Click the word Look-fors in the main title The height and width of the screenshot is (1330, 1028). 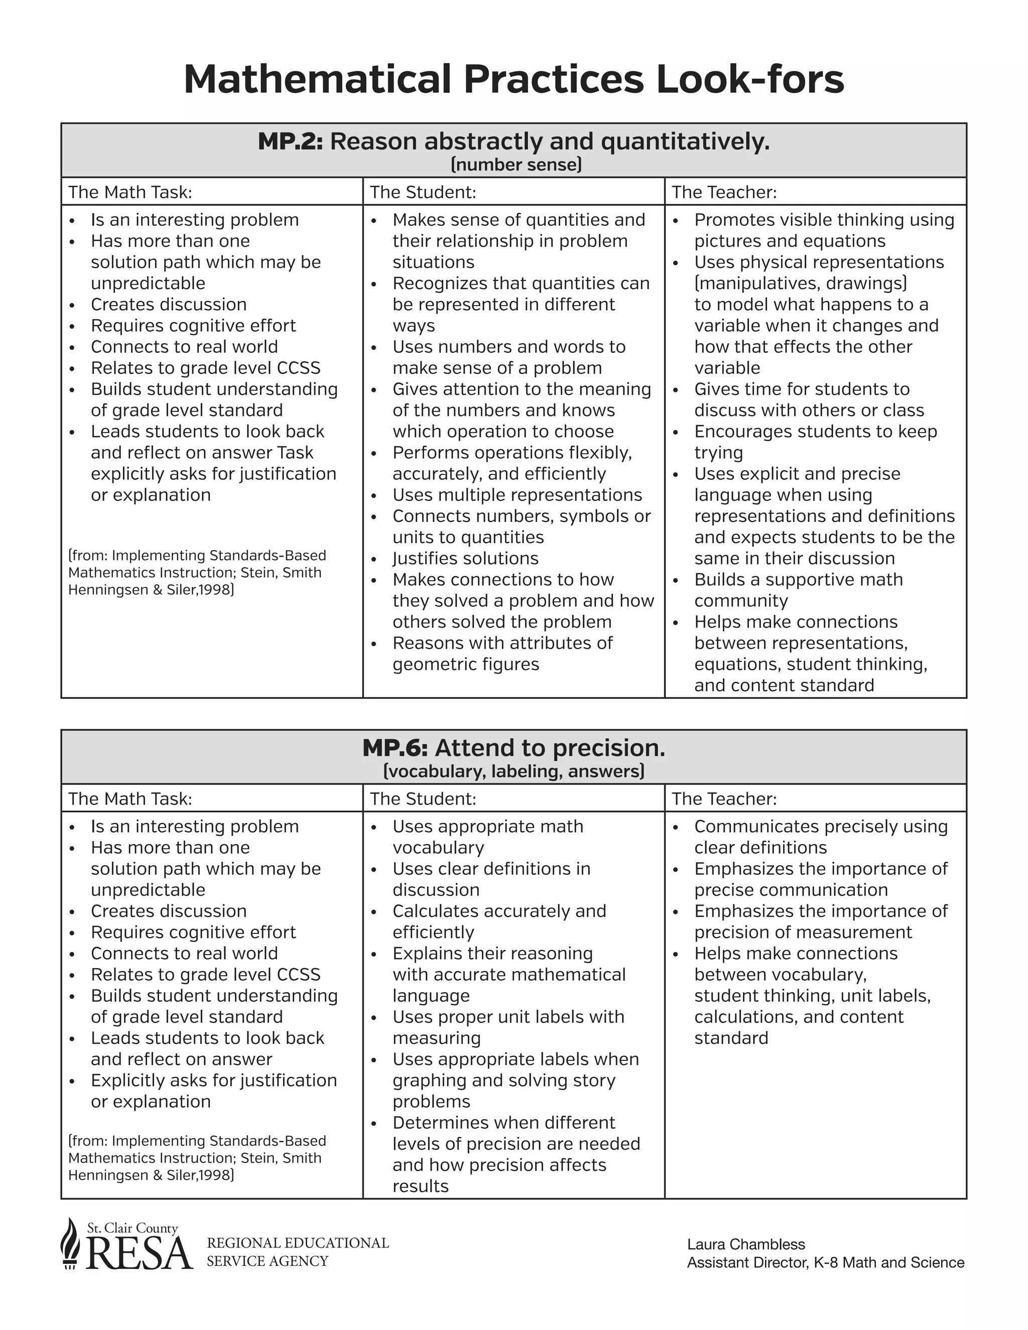click(750, 79)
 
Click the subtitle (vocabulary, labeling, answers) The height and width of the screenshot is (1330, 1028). click(513, 771)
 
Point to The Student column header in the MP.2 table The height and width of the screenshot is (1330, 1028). click(423, 192)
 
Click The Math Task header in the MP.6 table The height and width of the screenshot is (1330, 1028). click(130, 799)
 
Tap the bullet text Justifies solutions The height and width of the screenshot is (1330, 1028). click(465, 559)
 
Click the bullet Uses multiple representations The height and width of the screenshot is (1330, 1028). click(517, 495)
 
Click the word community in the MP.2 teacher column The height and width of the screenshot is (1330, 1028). click(740, 601)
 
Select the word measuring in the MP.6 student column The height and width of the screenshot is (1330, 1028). click(436, 1038)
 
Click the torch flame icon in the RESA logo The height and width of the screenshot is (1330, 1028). click(71, 1243)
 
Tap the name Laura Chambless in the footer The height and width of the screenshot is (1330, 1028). click(745, 1244)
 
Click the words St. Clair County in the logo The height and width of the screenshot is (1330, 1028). click(132, 1228)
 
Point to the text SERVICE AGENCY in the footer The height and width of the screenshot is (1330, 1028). click(268, 1261)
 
